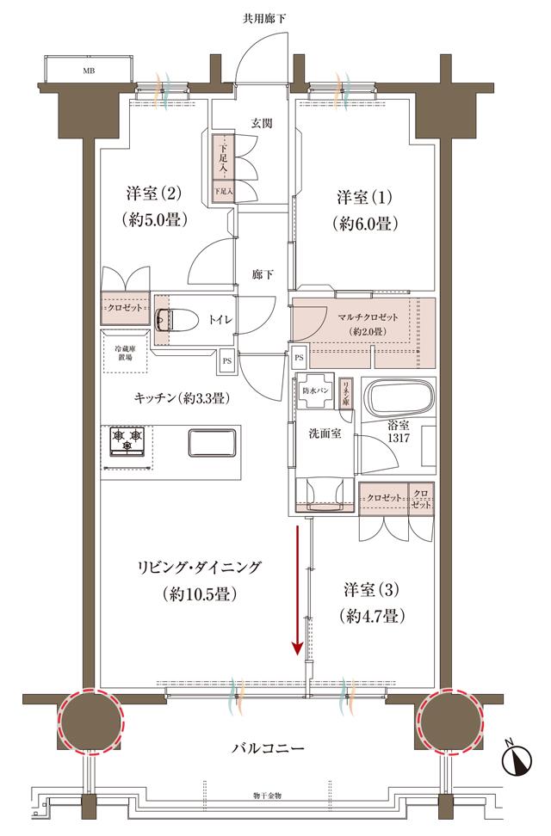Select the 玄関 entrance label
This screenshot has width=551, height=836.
[263, 123]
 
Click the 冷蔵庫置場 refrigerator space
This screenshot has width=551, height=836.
[128, 353]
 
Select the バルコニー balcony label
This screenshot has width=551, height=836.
[268, 747]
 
